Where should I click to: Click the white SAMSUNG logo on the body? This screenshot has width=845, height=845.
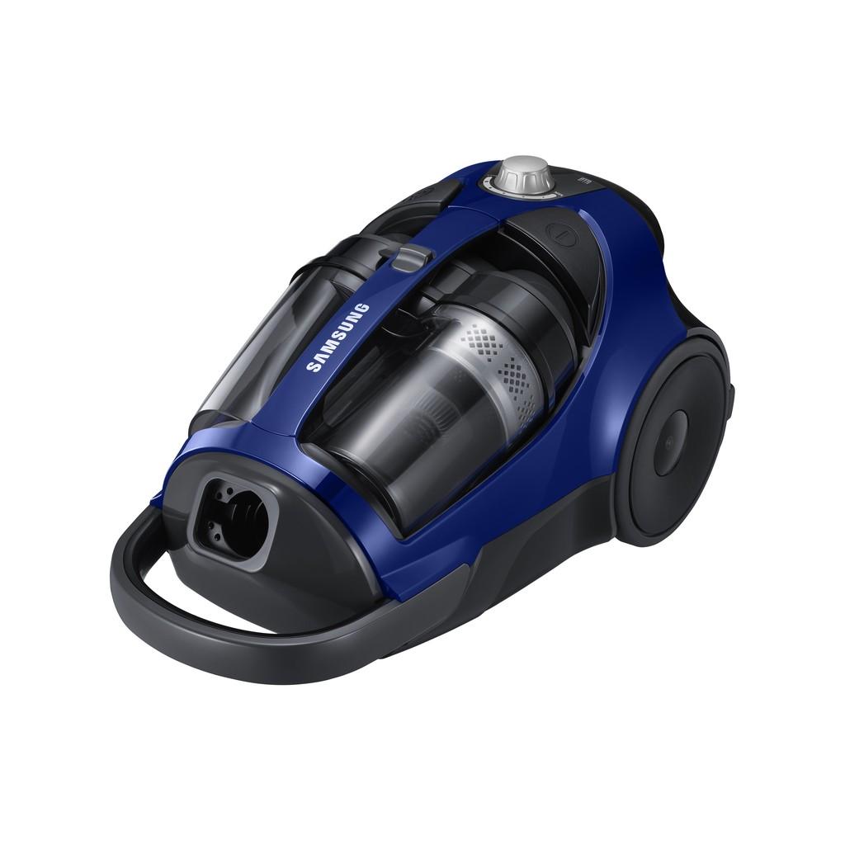[x=338, y=338]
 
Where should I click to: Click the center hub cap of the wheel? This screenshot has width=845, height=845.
[x=670, y=443]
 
